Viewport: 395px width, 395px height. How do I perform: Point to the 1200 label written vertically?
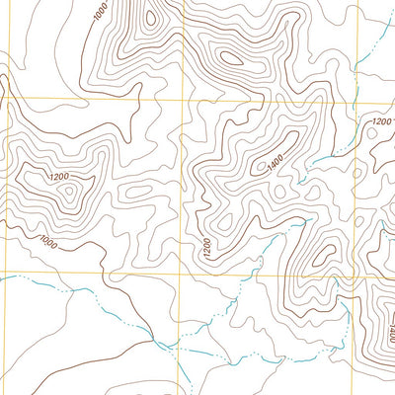click(205, 249)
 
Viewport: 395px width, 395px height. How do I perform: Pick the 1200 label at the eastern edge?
click(379, 121)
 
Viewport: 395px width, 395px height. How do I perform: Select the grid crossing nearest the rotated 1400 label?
click(348, 275)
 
